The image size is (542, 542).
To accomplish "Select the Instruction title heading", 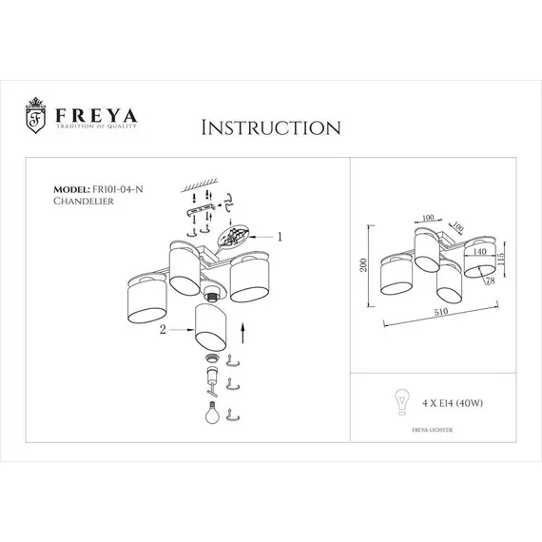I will coord(270,126).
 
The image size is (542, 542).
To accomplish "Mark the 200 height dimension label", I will coord(362,268).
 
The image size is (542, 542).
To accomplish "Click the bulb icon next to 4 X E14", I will coord(399,401).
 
